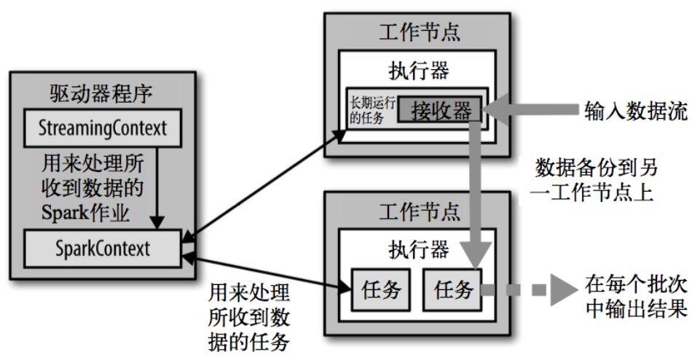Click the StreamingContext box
tap(103, 128)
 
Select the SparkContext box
tap(103, 249)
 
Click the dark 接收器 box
tap(440, 109)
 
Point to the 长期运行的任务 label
tap(372, 110)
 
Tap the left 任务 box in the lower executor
tap(381, 289)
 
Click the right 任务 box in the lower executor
tap(452, 289)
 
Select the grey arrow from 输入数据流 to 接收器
tap(530, 109)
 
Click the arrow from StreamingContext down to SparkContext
tap(157, 188)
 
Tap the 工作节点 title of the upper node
tap(420, 32)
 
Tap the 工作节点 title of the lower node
tap(420, 211)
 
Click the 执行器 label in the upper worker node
tap(419, 71)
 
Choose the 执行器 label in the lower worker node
tap(419, 250)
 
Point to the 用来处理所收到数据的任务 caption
tap(249, 318)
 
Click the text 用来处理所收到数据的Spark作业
tap(93, 188)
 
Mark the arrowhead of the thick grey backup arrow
tap(476, 255)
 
